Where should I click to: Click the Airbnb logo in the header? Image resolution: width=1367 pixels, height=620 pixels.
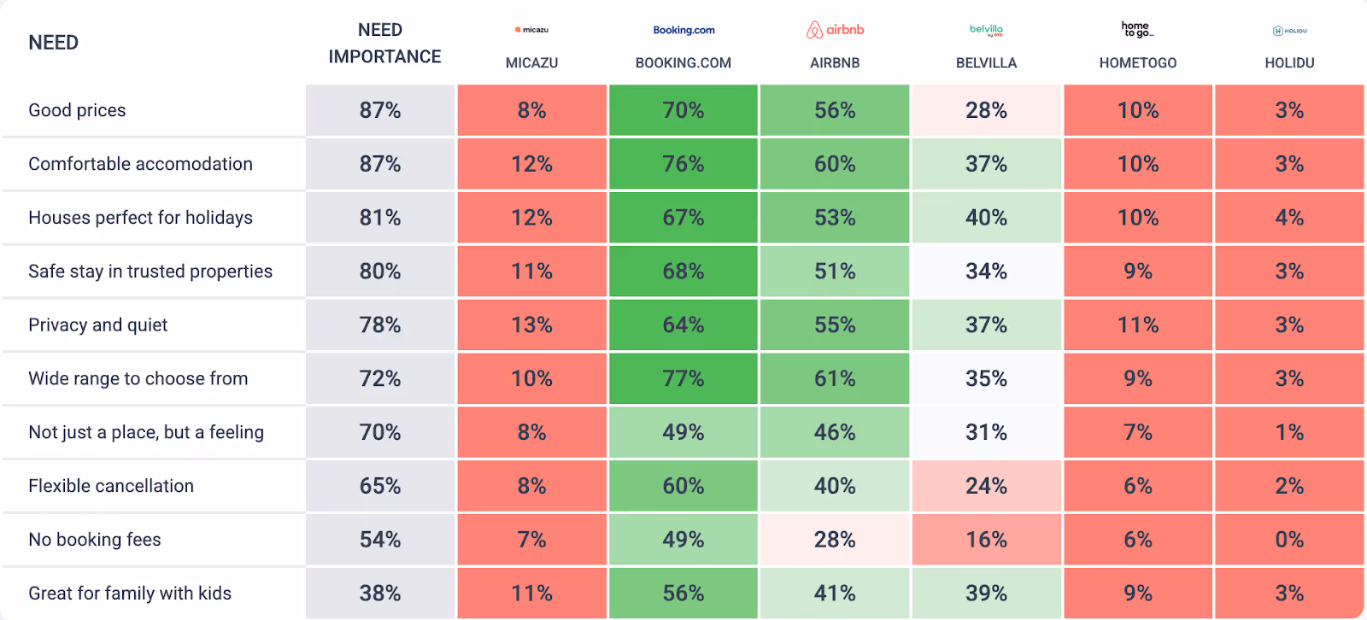coord(835,30)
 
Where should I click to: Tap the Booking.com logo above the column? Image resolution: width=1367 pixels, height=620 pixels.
coord(683,30)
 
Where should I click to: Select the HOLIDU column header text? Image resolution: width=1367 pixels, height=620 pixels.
coord(1289,63)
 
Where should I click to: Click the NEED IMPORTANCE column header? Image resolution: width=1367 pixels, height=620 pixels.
coord(384,44)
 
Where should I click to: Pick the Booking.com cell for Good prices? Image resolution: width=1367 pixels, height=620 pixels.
coord(683,110)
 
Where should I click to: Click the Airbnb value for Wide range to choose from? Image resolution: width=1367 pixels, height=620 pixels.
coord(835,378)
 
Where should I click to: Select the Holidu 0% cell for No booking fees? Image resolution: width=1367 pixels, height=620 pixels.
coord(1289,540)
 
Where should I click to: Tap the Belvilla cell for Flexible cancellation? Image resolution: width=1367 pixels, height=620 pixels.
coord(986,486)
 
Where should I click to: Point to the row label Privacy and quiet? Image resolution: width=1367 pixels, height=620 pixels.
coord(98,325)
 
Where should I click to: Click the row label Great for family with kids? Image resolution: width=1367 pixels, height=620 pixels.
coord(130,594)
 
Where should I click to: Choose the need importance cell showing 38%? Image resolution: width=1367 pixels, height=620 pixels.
coord(380,594)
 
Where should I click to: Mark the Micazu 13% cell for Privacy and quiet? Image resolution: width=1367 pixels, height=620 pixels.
coord(531,325)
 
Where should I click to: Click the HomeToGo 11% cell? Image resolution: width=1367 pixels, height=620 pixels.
coord(1138,325)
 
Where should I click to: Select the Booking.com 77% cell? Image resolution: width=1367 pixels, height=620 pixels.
coord(683,378)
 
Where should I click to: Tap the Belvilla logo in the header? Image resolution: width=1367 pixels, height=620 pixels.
coord(986,30)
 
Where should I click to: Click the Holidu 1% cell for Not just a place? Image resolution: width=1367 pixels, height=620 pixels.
coord(1289,432)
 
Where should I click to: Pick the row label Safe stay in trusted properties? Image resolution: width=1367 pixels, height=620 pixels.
coord(150,272)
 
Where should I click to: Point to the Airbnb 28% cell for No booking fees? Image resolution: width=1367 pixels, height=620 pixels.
coord(835,540)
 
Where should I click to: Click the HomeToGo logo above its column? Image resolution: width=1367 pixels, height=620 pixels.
coord(1137,30)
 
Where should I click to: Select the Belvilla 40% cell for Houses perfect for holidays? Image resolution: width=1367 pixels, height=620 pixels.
coord(986,218)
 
